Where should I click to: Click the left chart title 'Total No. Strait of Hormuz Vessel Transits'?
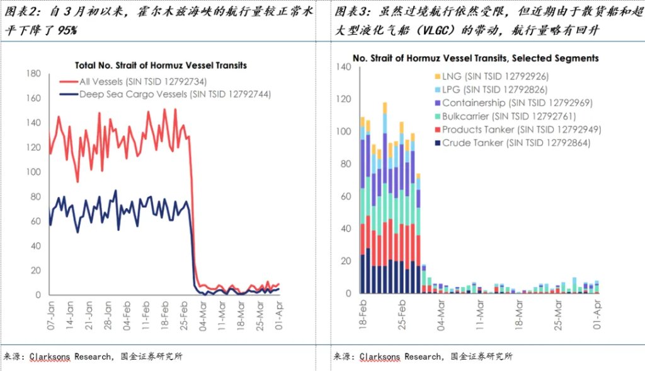161,65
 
